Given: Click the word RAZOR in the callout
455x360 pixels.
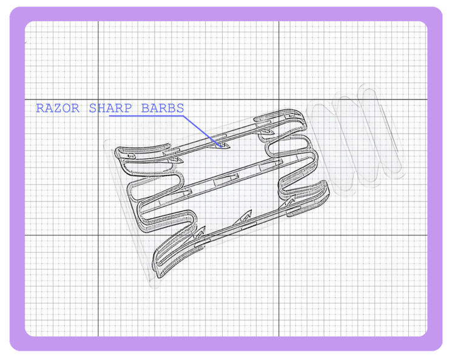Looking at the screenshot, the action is [58, 108].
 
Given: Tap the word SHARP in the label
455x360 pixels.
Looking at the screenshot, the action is [110, 108].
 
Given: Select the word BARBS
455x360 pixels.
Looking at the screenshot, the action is [163, 108].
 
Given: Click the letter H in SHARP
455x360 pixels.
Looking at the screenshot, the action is [101, 108].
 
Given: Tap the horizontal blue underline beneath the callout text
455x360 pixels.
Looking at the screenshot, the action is [146, 116].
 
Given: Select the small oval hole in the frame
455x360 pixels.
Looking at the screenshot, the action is [132, 156].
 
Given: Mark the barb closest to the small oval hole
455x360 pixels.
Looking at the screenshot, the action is [175, 160].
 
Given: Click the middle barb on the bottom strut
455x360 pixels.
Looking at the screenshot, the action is [243, 217].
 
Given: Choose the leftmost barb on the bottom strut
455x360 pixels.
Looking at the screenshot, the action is [200, 233].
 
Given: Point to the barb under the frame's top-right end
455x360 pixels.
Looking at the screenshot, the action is [268, 133].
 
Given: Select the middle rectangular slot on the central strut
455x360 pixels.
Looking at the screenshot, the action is [226, 180].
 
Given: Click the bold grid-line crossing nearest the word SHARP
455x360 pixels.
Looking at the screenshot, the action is [98, 100].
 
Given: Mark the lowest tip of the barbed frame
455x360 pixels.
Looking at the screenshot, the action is [159, 277].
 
